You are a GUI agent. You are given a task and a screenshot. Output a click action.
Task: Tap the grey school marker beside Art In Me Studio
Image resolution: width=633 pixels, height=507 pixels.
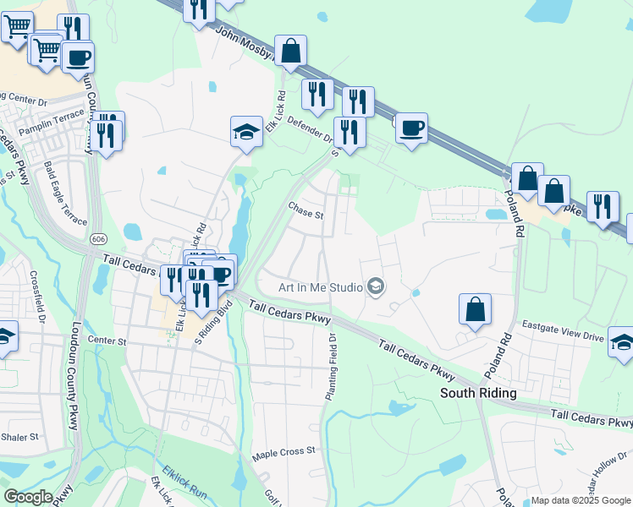(x=376, y=288)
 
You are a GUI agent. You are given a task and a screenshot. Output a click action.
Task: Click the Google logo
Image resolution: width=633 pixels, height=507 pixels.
(x=28, y=496)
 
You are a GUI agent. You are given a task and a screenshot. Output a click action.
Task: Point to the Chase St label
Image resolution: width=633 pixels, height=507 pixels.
(x=305, y=210)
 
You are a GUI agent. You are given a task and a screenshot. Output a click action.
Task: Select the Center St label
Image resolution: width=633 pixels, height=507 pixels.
(x=107, y=341)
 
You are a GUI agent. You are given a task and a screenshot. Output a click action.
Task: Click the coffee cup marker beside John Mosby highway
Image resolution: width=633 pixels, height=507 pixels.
(x=411, y=128)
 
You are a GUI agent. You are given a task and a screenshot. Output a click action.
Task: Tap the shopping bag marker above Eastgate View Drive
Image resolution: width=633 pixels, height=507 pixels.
(x=475, y=309)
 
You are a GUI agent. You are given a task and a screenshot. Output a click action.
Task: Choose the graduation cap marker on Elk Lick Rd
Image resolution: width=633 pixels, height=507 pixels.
(x=245, y=131)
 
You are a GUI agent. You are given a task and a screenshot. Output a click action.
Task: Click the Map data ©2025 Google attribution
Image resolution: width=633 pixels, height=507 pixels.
(x=580, y=500)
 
